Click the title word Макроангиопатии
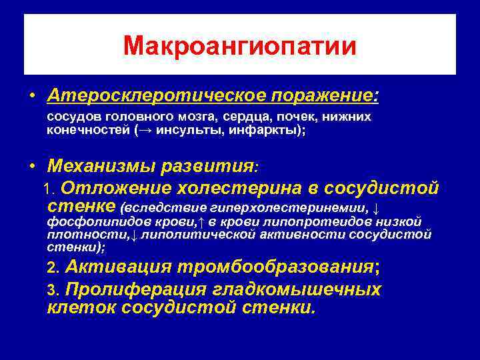tap(240, 46)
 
